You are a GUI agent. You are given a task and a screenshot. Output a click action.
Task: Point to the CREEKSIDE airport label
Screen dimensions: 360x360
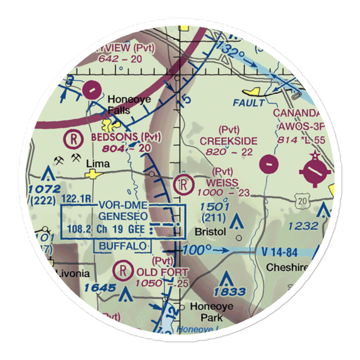pos(229,141)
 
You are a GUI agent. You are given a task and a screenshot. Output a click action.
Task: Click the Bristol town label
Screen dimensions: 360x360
pos(210,232)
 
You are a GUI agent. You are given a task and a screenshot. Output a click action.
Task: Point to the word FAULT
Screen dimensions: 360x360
pos(248,103)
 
